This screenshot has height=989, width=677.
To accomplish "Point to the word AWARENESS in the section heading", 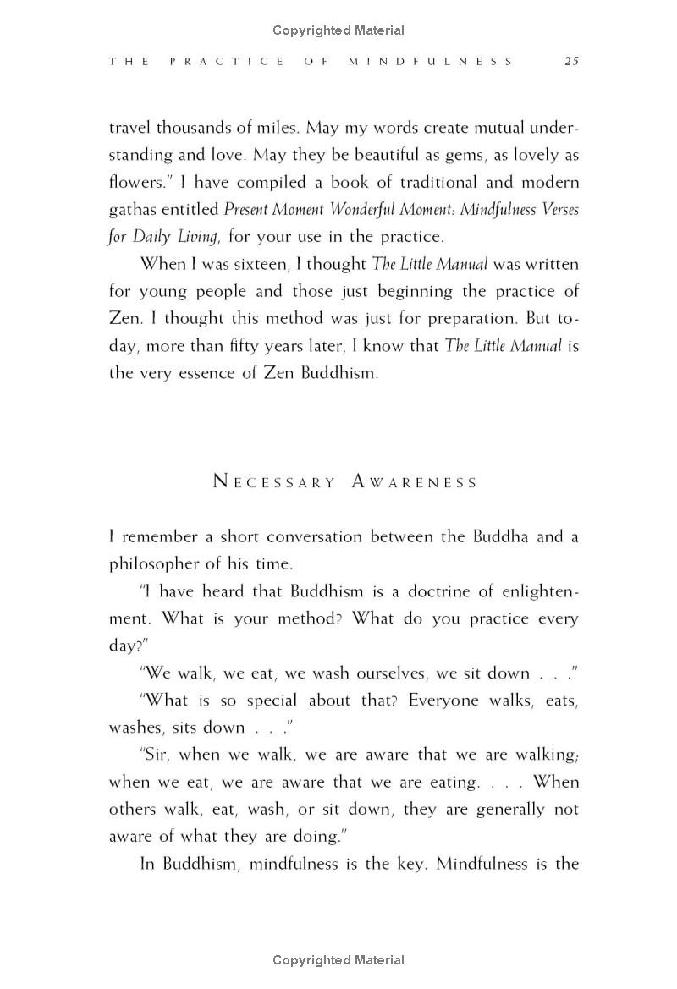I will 415,482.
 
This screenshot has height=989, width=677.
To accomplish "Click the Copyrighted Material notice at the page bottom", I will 338,959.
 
